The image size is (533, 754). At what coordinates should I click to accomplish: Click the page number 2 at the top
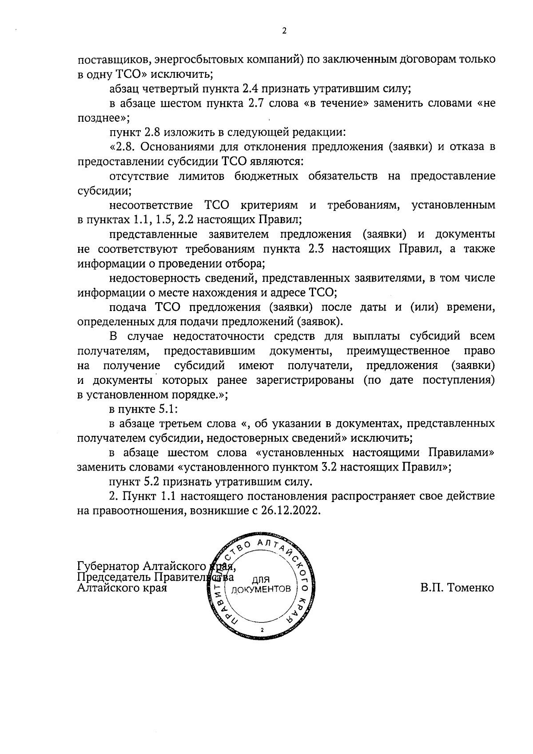pos(284,31)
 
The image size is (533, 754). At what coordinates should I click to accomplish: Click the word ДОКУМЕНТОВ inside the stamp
pos(261,589)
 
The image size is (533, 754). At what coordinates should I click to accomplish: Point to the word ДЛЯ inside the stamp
pos(261,579)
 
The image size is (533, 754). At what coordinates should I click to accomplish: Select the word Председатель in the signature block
pos(114,577)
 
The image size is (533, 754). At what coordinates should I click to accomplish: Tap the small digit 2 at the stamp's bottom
pos(262,630)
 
